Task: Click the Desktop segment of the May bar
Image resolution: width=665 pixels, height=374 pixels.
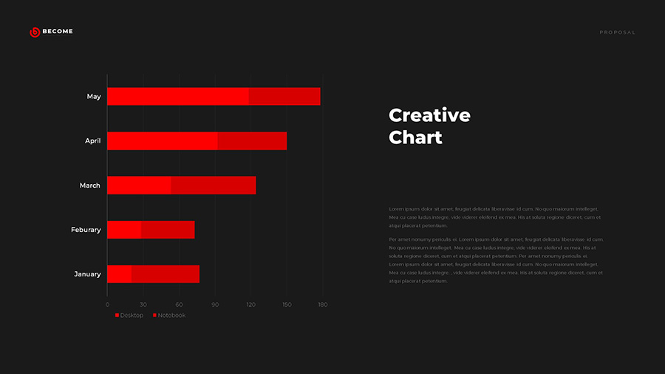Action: click(x=177, y=97)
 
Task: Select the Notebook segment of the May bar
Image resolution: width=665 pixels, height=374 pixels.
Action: click(x=284, y=97)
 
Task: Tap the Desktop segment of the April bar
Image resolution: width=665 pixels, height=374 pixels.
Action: click(x=162, y=141)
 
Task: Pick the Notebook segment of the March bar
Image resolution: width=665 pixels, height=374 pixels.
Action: click(x=213, y=186)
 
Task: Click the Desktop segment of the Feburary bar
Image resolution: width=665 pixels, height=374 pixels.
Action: click(x=123, y=230)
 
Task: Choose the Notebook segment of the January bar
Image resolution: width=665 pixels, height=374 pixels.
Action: click(x=165, y=274)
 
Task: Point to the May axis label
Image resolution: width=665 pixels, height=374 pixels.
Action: click(x=94, y=97)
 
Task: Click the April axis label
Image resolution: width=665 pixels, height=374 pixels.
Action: click(x=92, y=141)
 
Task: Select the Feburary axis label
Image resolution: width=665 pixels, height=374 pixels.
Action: click(x=86, y=230)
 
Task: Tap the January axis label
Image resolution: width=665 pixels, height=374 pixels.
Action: click(x=87, y=274)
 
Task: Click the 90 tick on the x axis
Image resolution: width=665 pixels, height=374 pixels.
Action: click(x=215, y=305)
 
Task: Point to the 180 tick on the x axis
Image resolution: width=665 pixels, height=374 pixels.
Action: click(x=322, y=305)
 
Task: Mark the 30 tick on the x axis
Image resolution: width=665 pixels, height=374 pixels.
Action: click(x=143, y=305)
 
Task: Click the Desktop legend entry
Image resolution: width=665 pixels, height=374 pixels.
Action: click(x=130, y=316)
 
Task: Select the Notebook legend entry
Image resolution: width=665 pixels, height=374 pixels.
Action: click(x=170, y=316)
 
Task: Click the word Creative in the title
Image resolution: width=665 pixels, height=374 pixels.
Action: click(x=429, y=115)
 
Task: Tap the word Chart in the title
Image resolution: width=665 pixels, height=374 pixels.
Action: click(x=415, y=137)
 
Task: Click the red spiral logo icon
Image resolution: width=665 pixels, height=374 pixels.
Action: click(x=35, y=32)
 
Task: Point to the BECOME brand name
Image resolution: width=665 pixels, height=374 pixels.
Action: click(x=58, y=32)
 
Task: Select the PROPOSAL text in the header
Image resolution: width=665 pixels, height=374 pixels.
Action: click(x=617, y=33)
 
